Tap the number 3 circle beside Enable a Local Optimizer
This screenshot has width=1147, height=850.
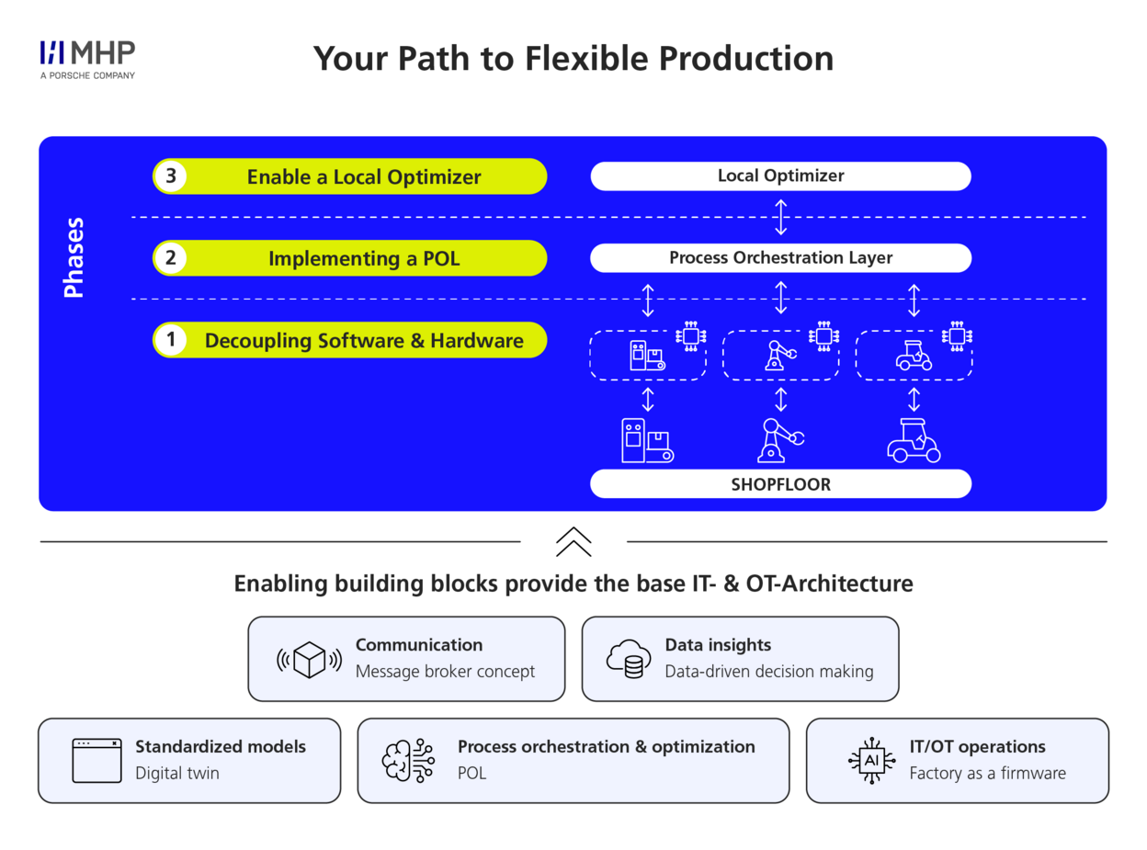[x=170, y=176]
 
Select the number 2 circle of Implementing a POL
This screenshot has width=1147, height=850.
[x=170, y=258]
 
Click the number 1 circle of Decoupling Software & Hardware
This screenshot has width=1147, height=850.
[x=170, y=341]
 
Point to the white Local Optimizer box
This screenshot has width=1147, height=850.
[x=780, y=176]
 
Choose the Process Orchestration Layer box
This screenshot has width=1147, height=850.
[x=780, y=258]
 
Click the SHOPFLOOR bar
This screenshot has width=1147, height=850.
[x=780, y=483]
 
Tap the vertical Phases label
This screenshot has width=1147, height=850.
[x=74, y=257]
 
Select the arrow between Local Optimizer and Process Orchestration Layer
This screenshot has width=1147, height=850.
[x=780, y=217]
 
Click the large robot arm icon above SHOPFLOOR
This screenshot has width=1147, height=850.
[x=780, y=439]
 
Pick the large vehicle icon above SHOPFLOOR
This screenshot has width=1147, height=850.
[x=914, y=439]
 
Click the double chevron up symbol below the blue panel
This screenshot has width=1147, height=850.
[x=573, y=541]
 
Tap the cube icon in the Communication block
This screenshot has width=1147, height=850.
[x=309, y=659]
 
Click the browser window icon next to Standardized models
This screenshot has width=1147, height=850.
[x=97, y=760]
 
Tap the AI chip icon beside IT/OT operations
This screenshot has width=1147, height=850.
[x=870, y=760]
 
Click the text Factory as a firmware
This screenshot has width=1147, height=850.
[x=987, y=774]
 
